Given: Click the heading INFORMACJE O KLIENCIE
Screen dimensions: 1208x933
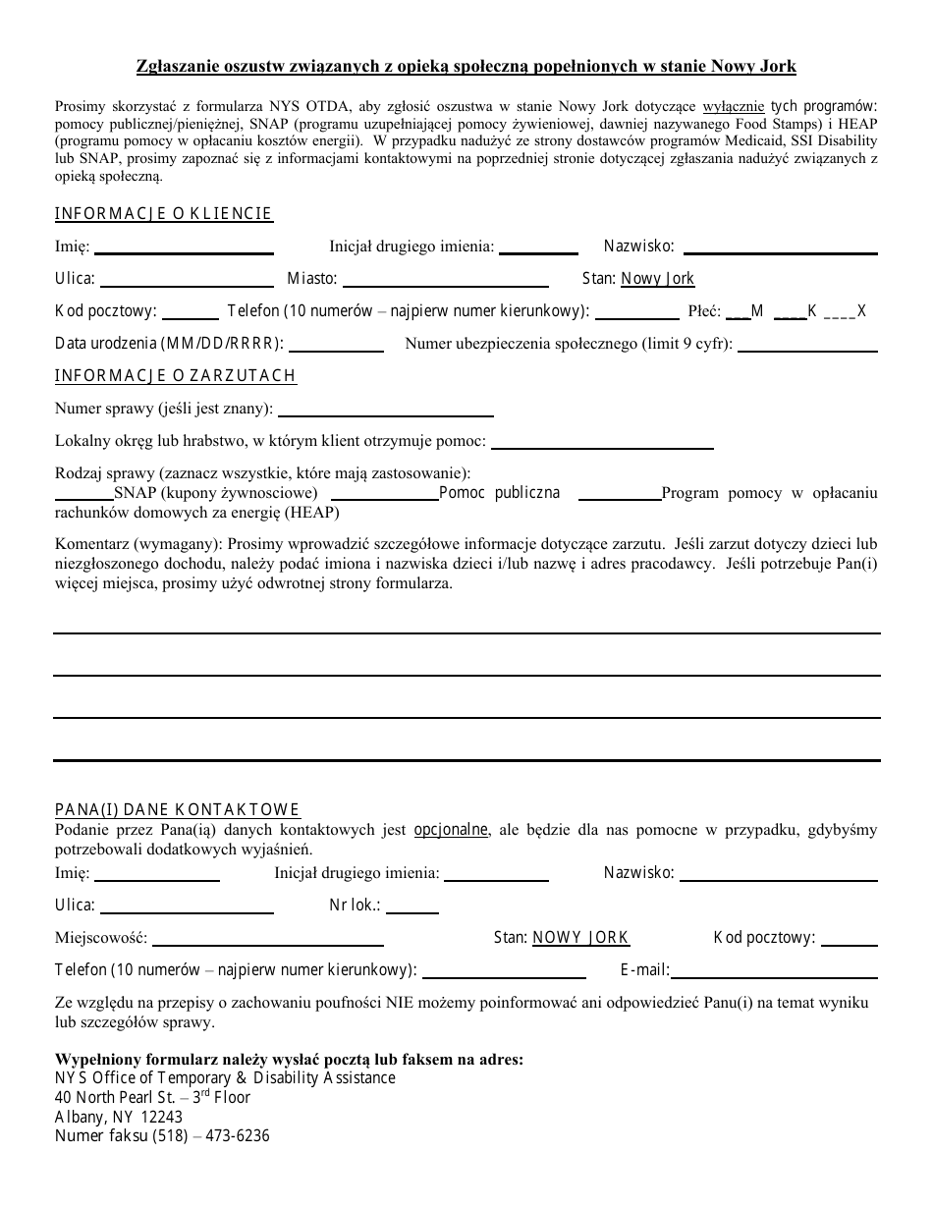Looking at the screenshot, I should coord(163,214).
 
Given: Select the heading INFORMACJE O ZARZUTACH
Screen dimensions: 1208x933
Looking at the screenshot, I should coord(175,376).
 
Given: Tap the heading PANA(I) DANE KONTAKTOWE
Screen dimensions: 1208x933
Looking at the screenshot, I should coord(177,810).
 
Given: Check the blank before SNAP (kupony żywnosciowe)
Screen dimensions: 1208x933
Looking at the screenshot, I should coord(83,497).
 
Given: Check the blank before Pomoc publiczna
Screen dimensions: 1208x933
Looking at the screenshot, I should coord(384,497).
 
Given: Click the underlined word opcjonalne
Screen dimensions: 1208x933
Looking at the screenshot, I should coord(452,830).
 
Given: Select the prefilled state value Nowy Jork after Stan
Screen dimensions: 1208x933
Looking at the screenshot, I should coord(658,279).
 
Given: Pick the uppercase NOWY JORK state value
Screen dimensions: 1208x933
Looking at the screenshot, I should coord(580,938).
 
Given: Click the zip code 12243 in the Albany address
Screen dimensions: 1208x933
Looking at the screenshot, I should coord(161,1117).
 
